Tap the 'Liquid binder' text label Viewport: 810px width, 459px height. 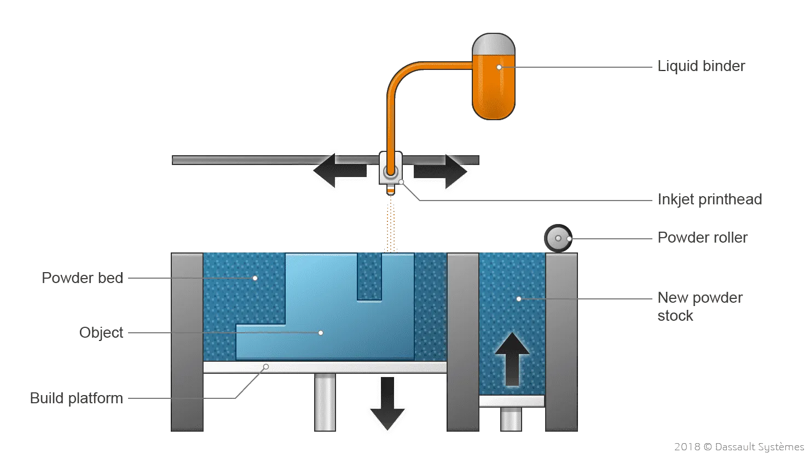click(x=701, y=67)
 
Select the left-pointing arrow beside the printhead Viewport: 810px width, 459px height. click(x=337, y=170)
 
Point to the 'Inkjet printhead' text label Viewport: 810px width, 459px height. click(x=709, y=199)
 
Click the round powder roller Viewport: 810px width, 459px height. click(x=558, y=238)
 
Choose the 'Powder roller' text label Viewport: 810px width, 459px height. click(x=702, y=238)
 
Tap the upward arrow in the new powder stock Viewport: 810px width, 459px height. click(x=512, y=361)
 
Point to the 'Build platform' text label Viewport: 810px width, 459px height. click(x=76, y=399)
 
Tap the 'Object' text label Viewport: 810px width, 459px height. click(x=103, y=333)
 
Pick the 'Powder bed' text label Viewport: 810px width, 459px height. click(x=82, y=278)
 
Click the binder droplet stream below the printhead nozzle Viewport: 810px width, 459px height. click(x=391, y=224)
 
